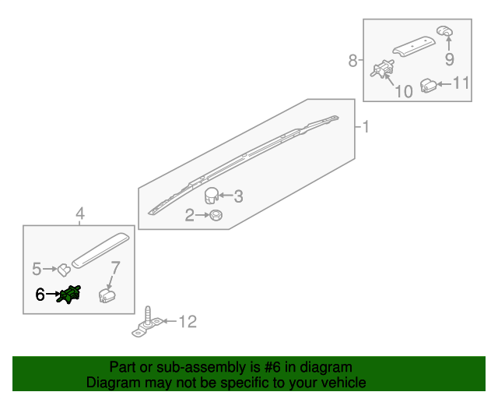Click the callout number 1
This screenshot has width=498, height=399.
pyautogui.click(x=366, y=127)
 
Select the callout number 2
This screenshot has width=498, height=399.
pyautogui.click(x=190, y=215)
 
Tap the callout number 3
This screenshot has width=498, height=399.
pyautogui.click(x=239, y=196)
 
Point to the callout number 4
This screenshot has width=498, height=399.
pyautogui.click(x=80, y=214)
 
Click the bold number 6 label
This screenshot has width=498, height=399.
pyautogui.click(x=40, y=295)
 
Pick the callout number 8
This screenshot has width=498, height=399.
pyautogui.click(x=352, y=61)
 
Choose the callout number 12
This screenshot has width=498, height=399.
pyautogui.click(x=188, y=322)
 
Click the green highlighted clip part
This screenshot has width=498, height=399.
pyautogui.click(x=68, y=295)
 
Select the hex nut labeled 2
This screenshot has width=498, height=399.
pyautogui.click(x=216, y=215)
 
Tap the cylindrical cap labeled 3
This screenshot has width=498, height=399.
pyautogui.click(x=211, y=196)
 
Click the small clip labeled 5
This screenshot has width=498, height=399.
pyautogui.click(x=64, y=270)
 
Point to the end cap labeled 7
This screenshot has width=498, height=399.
pyautogui.click(x=107, y=295)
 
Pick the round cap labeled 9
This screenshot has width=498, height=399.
pyautogui.click(x=444, y=31)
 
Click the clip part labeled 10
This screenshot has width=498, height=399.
pyautogui.click(x=382, y=69)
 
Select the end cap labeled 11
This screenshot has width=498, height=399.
pyautogui.click(x=428, y=85)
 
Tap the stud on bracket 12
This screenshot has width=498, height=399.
pyautogui.click(x=148, y=316)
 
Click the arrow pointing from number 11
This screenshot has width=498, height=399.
pyautogui.click(x=444, y=84)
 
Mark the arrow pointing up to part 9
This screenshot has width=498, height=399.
pyautogui.click(x=449, y=44)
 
